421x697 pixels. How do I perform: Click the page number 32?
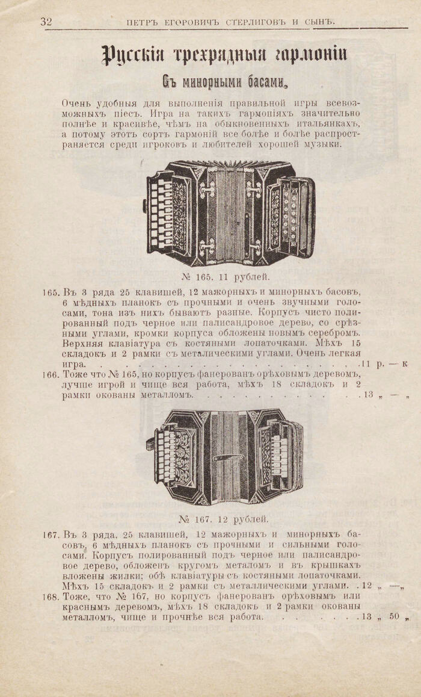click(x=46, y=22)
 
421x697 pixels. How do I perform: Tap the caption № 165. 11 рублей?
click(x=226, y=277)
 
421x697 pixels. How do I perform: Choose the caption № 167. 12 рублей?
click(x=224, y=519)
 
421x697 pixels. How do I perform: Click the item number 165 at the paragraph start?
click(x=51, y=293)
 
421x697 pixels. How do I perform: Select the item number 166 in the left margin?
click(x=51, y=374)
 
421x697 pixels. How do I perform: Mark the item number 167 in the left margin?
click(x=51, y=534)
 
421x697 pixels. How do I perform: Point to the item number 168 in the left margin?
click(x=51, y=596)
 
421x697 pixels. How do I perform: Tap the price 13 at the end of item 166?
click(x=369, y=395)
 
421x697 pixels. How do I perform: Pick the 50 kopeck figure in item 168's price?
click(x=395, y=616)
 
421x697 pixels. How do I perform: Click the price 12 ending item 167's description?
click(x=367, y=586)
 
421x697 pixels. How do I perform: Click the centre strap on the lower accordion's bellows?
click(x=229, y=457)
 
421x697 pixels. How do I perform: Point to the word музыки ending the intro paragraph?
click(x=324, y=144)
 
